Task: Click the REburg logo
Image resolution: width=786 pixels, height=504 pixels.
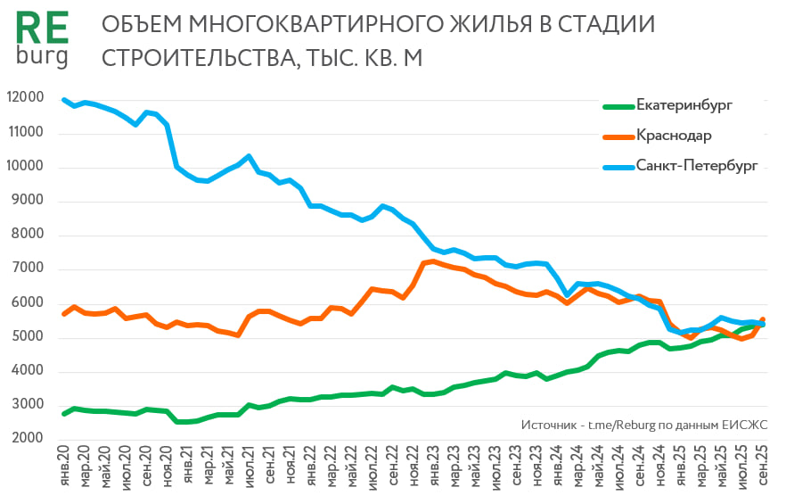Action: coord(42,40)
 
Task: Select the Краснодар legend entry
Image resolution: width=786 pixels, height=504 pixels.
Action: coord(673,136)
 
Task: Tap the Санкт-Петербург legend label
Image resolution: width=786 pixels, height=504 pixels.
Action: coord(696,166)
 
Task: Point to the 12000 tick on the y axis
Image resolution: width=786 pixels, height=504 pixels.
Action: coord(26,99)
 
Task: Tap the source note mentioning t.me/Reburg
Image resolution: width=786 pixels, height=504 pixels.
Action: coord(641,426)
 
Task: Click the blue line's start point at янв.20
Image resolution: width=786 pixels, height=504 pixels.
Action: coord(64,100)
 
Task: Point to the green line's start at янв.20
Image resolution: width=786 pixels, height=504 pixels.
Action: coord(64,414)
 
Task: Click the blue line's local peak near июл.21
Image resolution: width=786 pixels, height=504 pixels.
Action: coord(249,156)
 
